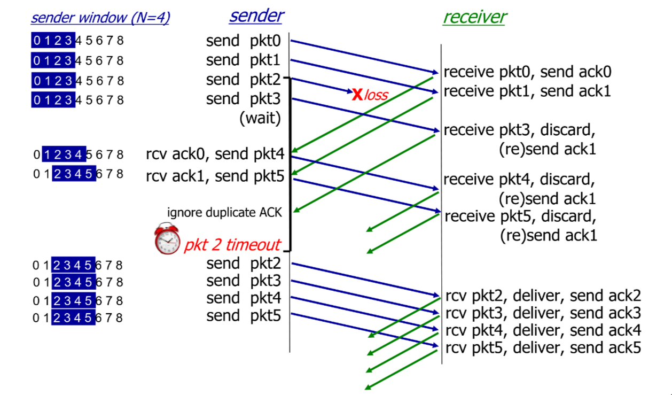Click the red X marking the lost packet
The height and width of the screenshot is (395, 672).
tap(357, 95)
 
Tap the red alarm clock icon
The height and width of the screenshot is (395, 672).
tap(167, 239)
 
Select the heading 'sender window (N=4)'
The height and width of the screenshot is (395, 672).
tap(100, 18)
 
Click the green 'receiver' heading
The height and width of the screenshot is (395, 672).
tap(474, 17)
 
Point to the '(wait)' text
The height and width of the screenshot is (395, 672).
tap(260, 118)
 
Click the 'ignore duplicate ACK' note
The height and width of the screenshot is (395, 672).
tap(224, 212)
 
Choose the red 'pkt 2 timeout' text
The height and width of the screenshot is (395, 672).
tap(232, 245)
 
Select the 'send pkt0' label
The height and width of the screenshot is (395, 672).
tap(243, 41)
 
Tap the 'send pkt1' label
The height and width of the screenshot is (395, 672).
tap(243, 60)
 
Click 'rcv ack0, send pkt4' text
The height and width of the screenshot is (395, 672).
tap(215, 154)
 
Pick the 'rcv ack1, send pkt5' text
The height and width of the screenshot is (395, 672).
tap(215, 175)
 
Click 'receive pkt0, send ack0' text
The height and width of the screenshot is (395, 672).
tap(528, 72)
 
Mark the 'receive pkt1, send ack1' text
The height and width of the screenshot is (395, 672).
tap(527, 91)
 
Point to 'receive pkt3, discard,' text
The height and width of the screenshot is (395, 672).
tap(519, 130)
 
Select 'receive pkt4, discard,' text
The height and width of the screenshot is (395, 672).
tap(519, 179)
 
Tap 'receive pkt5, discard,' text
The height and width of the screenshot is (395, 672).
tap(520, 216)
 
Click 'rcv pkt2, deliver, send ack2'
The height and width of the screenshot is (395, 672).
tap(543, 296)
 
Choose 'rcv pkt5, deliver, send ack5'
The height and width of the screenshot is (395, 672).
tap(543, 348)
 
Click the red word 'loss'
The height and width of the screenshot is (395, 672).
tap(376, 96)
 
